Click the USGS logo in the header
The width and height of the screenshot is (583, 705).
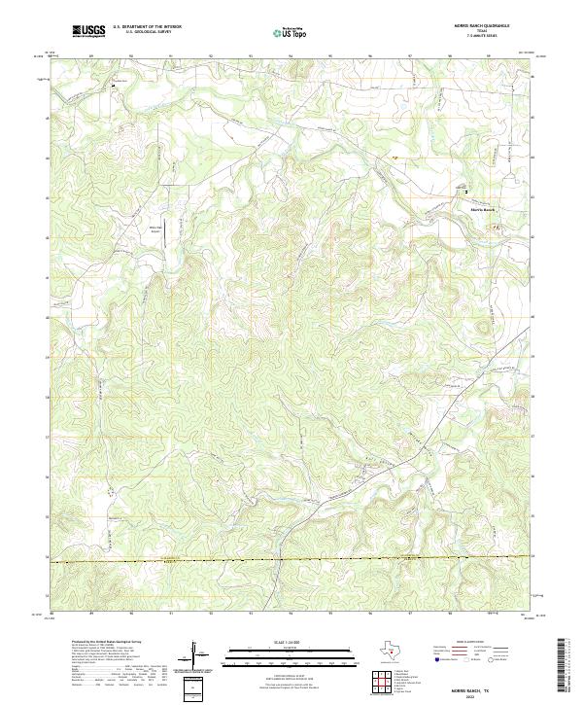pos(88,31)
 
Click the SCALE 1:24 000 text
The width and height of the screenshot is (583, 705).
pos(291,642)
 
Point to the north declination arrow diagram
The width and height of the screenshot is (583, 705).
pos(201,659)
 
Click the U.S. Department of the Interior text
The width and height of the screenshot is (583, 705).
pos(147,27)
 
